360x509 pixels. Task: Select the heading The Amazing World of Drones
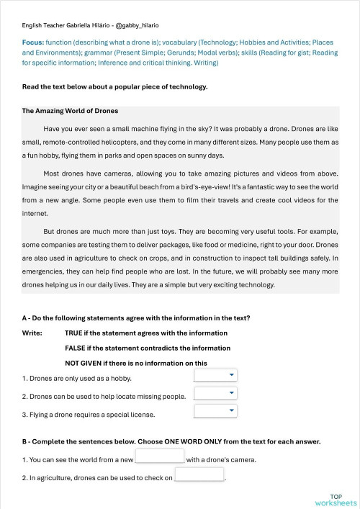coord(70,111)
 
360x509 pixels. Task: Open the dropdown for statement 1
coord(215,375)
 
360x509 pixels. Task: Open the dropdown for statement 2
coord(215,393)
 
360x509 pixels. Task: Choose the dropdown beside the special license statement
coord(215,411)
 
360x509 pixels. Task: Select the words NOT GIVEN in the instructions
coord(86,363)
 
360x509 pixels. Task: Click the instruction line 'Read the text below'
coord(114,87)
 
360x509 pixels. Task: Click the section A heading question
coord(136,318)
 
